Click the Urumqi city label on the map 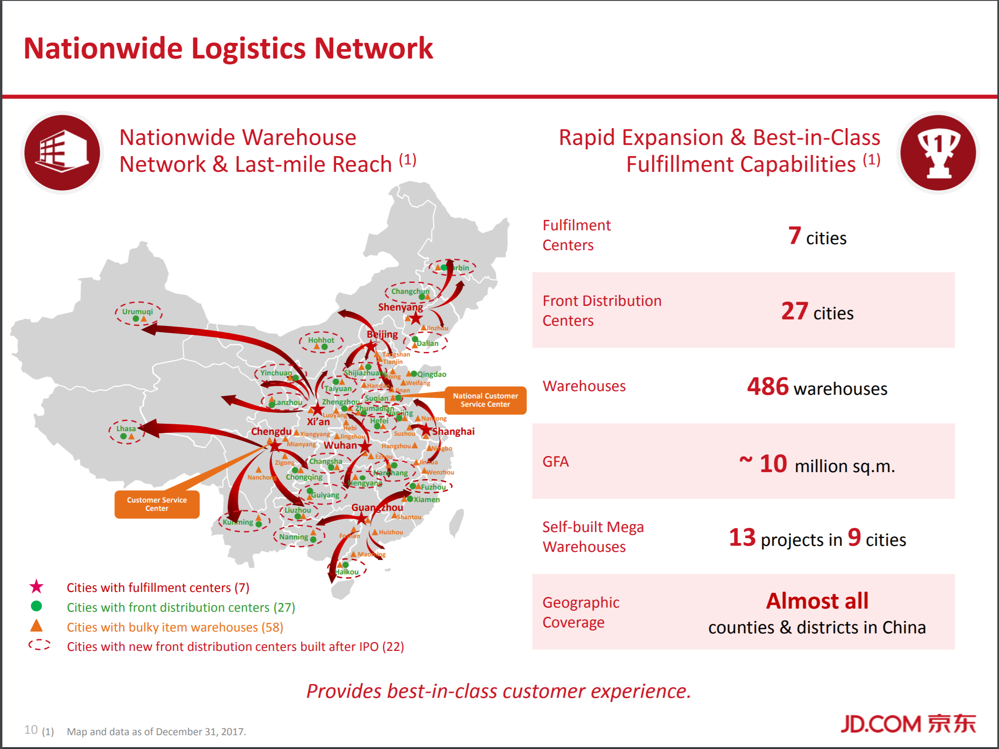(137, 311)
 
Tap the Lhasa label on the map (126, 428)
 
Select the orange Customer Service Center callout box (157, 504)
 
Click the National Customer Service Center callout (485, 400)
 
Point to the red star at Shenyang (416, 318)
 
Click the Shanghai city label (453, 432)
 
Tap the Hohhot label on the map (321, 340)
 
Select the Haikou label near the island (347, 572)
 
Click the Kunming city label (238, 522)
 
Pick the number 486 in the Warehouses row (768, 386)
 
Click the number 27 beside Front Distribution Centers (794, 311)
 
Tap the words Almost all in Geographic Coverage (817, 601)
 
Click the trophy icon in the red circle (938, 153)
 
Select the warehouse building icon (62, 152)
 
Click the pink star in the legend (36, 587)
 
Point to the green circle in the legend (36, 606)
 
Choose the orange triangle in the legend (36, 626)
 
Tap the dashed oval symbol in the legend (40, 645)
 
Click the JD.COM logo (908, 724)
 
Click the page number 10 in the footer (31, 730)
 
